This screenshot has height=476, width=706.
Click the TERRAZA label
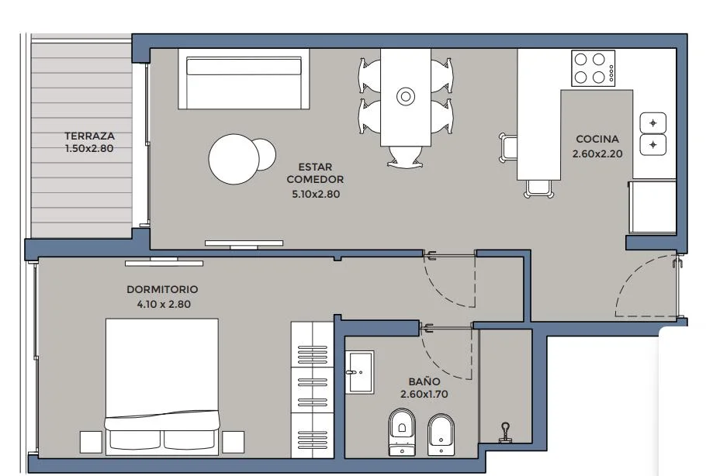89,136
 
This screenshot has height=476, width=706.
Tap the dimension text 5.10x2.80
316,195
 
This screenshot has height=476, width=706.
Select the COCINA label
597,139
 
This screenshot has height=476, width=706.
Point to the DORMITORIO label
162,289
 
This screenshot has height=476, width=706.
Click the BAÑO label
424,381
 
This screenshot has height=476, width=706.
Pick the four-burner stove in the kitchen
593,68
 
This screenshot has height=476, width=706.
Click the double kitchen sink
653,134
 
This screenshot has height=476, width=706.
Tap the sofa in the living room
244,79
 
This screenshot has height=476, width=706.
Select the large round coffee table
234,159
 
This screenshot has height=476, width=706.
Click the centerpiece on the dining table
406,96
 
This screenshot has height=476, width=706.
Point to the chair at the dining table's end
405,157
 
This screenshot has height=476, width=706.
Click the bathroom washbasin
359,372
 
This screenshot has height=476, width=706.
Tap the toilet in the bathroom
402,432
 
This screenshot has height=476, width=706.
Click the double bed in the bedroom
162,387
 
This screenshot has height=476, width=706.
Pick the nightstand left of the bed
91,442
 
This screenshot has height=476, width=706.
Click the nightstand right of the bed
234,442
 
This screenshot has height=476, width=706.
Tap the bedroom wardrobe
313,390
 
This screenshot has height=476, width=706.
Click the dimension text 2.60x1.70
424,394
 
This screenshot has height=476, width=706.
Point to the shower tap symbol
506,433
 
